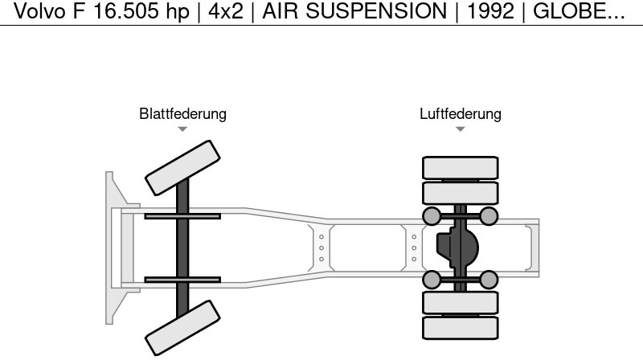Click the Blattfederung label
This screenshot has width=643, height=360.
(182, 114)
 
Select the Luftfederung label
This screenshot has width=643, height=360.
(460, 114)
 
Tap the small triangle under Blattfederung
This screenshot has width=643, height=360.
(182, 129)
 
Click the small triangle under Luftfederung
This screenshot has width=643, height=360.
(460, 129)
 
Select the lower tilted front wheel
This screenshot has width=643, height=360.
(182, 328)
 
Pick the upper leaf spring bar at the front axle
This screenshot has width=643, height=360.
(182, 216)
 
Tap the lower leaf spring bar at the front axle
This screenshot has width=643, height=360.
(182, 280)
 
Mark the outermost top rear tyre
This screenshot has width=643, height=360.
(461, 167)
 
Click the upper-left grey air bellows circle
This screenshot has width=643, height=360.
(432, 215)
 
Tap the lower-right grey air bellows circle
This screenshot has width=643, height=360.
(489, 280)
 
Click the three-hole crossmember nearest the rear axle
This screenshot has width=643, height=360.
(414, 247)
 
